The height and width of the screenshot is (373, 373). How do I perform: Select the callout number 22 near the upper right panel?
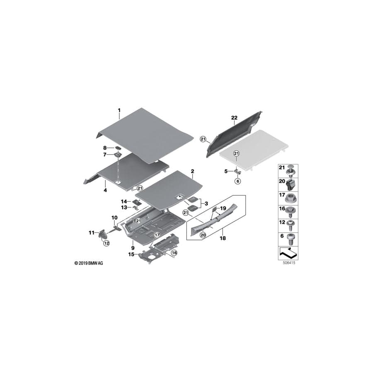234,119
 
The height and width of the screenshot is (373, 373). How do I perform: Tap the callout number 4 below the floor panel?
106,190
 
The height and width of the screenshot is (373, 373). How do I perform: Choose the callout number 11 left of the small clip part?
92,233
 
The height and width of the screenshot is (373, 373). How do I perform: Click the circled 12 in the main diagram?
106,243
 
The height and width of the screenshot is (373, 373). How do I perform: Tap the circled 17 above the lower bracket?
157,235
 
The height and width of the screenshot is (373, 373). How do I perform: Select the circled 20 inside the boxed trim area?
203,235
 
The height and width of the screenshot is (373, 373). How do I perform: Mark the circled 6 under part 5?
237,181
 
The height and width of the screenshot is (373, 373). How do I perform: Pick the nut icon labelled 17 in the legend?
289,195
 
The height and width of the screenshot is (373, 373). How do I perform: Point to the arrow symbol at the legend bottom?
288,252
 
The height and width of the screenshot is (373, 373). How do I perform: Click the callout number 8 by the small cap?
105,148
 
